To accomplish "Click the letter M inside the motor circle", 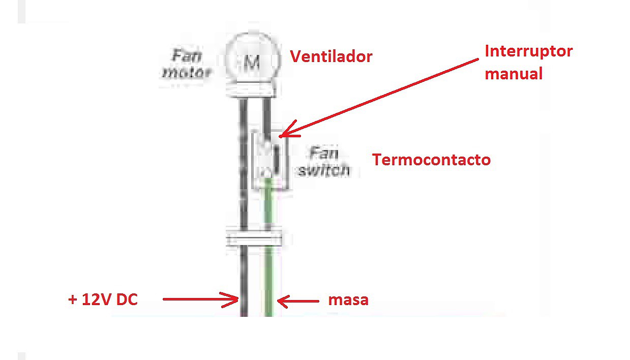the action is (x=252, y=62).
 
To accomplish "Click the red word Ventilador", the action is (x=331, y=56).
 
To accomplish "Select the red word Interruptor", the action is (x=529, y=51).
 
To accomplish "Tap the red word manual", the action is (x=514, y=74).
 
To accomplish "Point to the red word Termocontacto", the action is (x=431, y=160).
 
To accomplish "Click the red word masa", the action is (x=348, y=300).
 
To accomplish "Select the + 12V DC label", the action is (x=103, y=299).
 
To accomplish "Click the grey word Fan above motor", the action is (x=187, y=56).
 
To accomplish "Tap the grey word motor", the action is (x=187, y=73).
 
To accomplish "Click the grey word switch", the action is (x=324, y=170).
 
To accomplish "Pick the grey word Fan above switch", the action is (x=323, y=153).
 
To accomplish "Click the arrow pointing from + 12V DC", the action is (x=201, y=299).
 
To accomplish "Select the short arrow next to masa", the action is (x=298, y=301).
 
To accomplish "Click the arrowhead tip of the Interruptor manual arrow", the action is (x=279, y=137).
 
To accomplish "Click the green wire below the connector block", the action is (x=269, y=281).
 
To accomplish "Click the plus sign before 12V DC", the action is (x=73, y=300).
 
